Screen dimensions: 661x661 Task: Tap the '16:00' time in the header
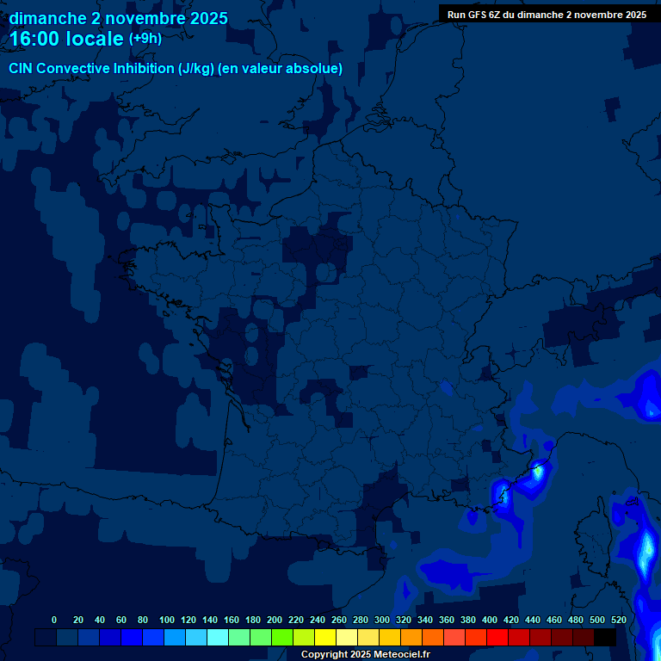[37, 39]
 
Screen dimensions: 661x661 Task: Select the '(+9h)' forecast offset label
[145, 39]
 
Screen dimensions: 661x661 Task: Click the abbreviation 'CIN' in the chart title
[22, 68]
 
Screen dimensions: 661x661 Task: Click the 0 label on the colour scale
[54, 620]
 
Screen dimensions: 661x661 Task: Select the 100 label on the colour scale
[167, 620]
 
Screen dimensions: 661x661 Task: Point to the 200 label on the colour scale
[275, 620]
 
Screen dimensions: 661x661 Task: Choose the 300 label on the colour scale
[382, 620]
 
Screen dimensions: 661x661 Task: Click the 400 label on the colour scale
[490, 620]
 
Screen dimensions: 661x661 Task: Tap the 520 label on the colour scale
[618, 620]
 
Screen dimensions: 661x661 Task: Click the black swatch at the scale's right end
[605, 637]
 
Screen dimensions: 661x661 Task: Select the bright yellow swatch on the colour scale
[325, 637]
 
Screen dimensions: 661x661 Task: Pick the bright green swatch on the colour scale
[282, 637]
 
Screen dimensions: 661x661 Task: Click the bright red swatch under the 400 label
[497, 637]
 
